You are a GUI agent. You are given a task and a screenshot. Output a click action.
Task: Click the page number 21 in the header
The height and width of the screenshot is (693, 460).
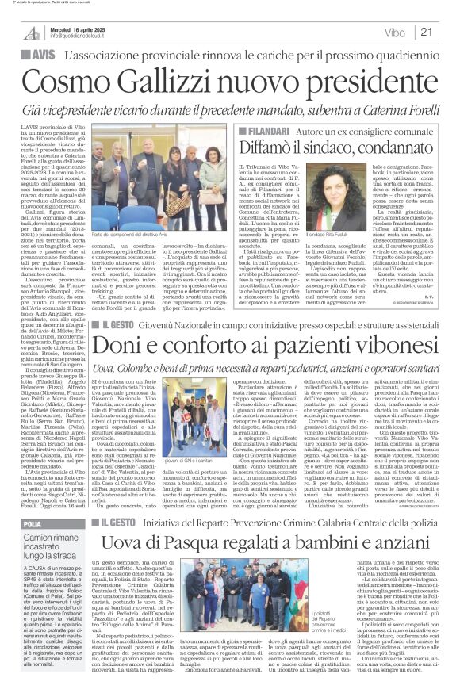(x=447, y=33)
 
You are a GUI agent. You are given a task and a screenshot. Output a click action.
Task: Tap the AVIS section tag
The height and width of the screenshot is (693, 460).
(x=28, y=56)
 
